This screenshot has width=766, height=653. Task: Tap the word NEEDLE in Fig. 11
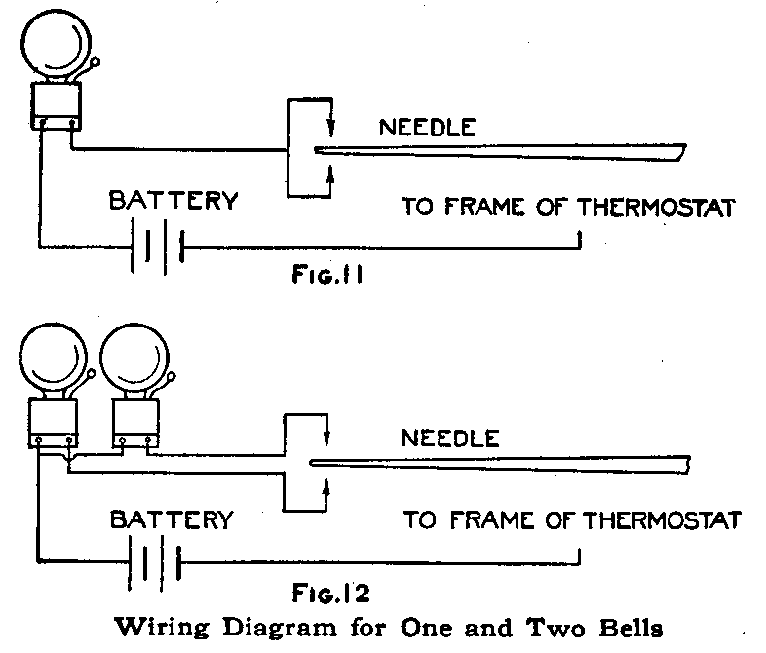(x=427, y=127)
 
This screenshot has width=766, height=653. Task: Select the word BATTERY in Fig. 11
(x=172, y=202)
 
